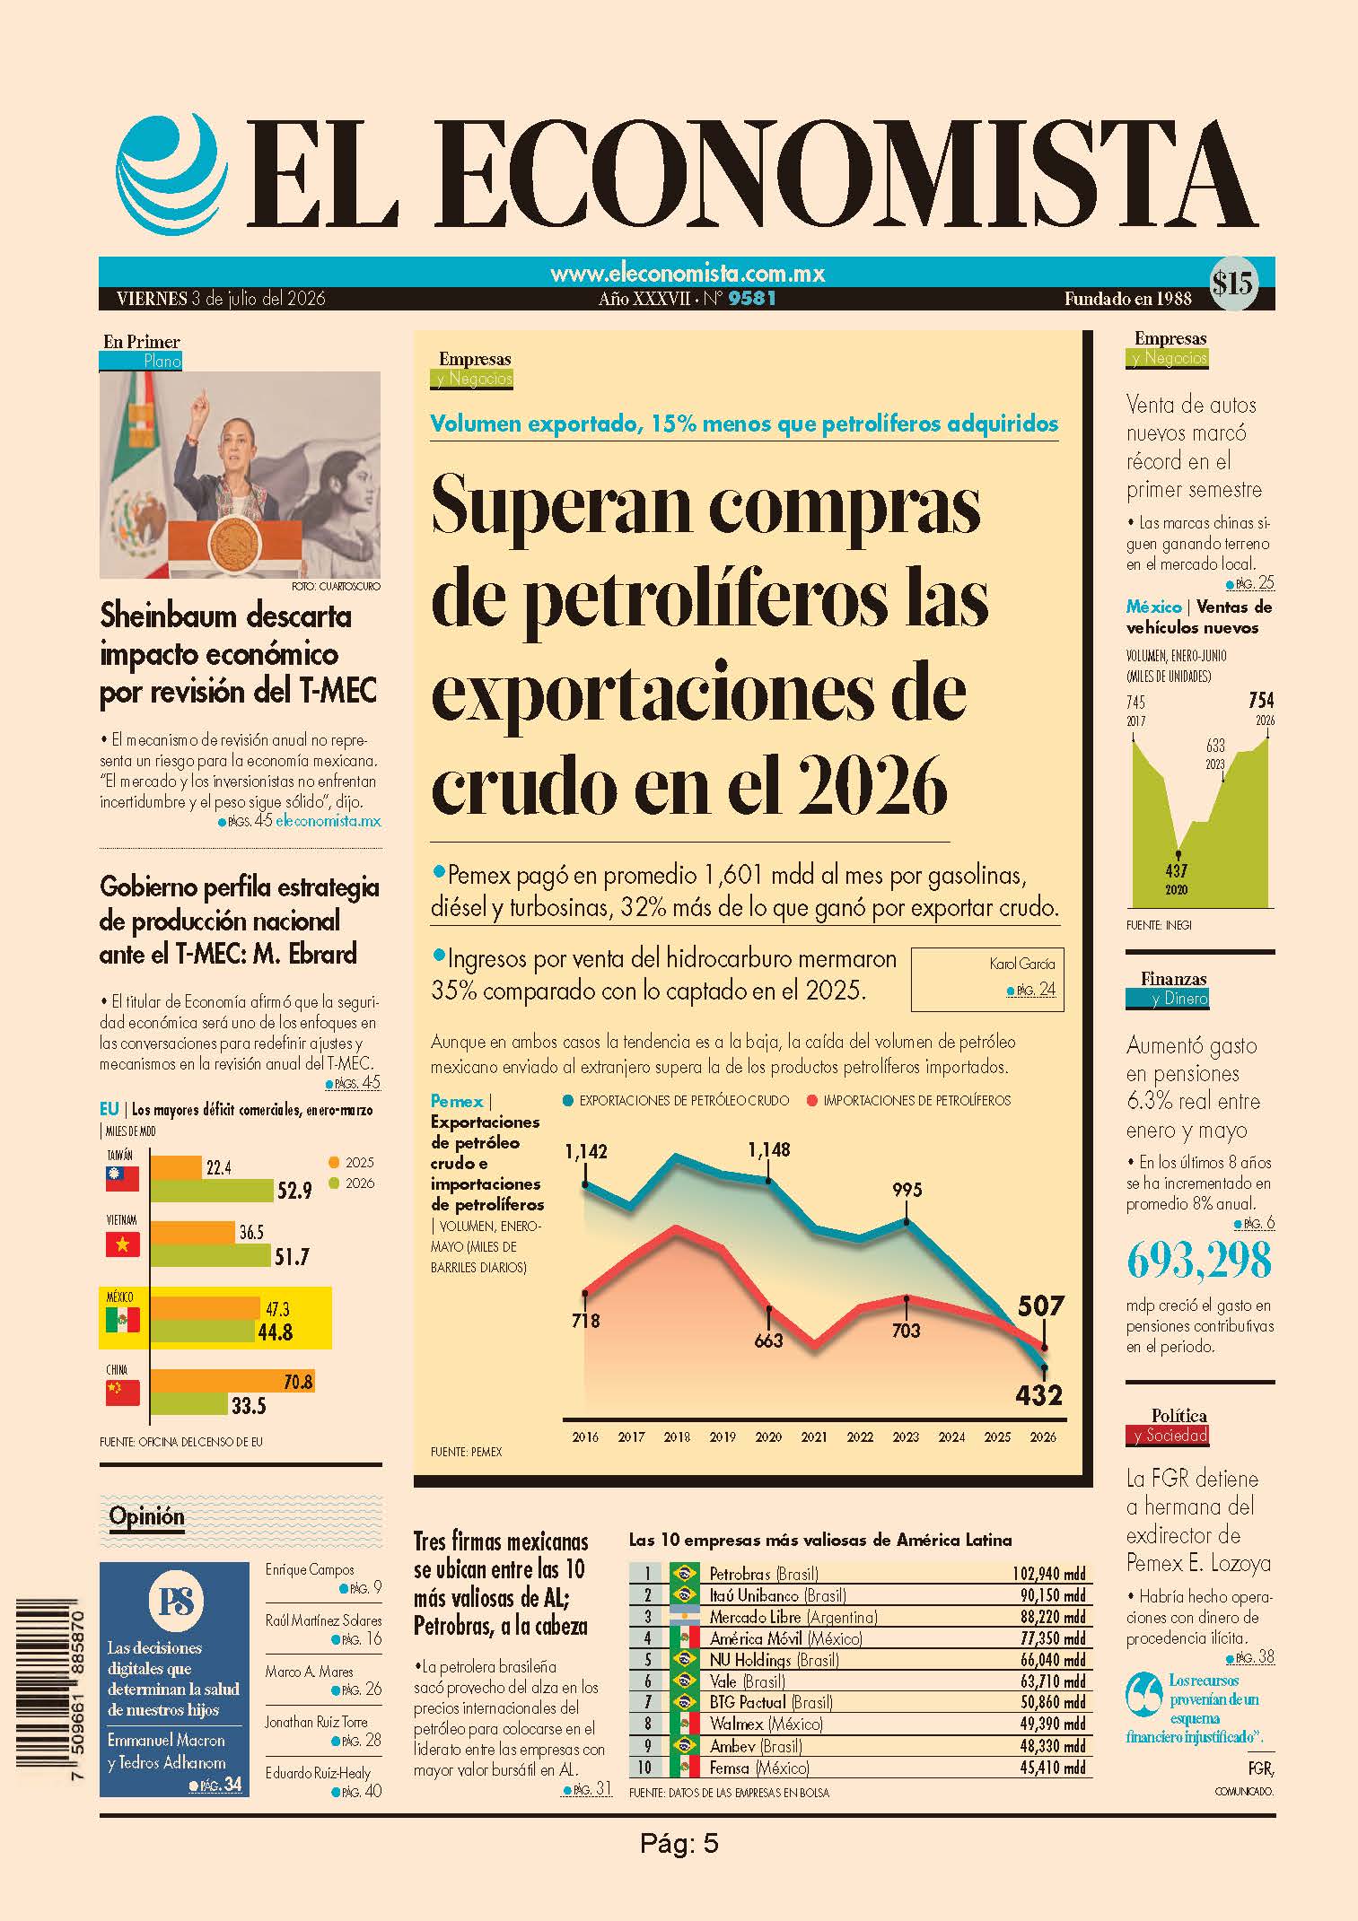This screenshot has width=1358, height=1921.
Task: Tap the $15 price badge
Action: click(x=1233, y=284)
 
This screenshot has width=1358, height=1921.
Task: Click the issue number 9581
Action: click(x=752, y=299)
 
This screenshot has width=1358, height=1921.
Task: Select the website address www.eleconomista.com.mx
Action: click(x=688, y=274)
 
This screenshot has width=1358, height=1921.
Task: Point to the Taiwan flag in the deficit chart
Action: click(x=123, y=1179)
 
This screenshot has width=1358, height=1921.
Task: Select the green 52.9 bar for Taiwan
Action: click(x=212, y=1191)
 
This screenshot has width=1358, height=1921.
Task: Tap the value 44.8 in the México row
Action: click(x=275, y=1332)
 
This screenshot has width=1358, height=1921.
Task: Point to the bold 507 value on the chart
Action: click(x=1040, y=1305)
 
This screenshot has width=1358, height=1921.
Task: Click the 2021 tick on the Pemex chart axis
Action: click(x=813, y=1436)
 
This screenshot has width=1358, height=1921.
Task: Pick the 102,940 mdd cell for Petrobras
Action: click(x=1048, y=1573)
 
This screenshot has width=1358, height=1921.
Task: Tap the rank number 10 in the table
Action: click(x=644, y=1768)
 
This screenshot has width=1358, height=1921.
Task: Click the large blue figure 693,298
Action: click(x=1199, y=1261)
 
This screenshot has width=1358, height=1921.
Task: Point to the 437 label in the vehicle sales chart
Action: click(x=1176, y=870)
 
